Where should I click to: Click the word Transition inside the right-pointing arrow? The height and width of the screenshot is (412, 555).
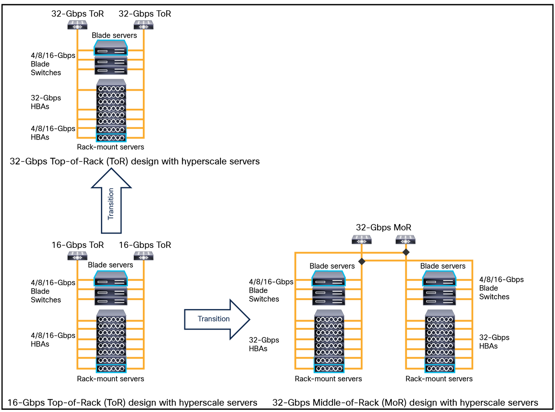click(x=214, y=319)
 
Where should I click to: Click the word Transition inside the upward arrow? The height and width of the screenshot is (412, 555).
click(x=111, y=204)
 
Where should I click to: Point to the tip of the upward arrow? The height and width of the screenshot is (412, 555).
click(x=111, y=168)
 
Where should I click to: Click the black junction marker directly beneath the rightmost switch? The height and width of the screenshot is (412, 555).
click(x=406, y=252)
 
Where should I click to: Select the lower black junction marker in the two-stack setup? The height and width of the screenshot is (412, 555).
click(x=361, y=261)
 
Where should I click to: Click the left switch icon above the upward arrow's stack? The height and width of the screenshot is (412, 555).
click(x=78, y=25)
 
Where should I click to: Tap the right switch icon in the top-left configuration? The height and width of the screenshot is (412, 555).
click(x=144, y=25)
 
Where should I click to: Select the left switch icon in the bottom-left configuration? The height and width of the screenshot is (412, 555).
click(x=78, y=256)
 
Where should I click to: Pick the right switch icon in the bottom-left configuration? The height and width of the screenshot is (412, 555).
click(x=144, y=256)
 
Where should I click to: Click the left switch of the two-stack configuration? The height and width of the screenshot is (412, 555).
click(x=361, y=239)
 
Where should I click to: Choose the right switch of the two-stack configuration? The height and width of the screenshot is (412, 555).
click(x=406, y=239)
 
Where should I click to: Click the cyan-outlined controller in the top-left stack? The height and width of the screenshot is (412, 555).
click(x=111, y=48)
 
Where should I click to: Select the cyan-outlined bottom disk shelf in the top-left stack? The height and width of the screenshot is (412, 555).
click(x=111, y=138)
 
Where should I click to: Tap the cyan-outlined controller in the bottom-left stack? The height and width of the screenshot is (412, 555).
click(x=111, y=279)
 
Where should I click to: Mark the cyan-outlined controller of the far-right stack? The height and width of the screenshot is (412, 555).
click(x=439, y=279)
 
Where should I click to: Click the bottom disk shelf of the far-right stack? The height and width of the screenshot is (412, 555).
click(x=440, y=369)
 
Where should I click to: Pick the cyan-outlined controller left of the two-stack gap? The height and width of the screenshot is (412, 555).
click(x=329, y=279)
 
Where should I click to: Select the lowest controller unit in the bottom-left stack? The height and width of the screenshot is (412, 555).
click(x=111, y=301)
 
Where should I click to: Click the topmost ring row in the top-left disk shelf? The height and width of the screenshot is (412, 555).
click(x=111, y=89)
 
